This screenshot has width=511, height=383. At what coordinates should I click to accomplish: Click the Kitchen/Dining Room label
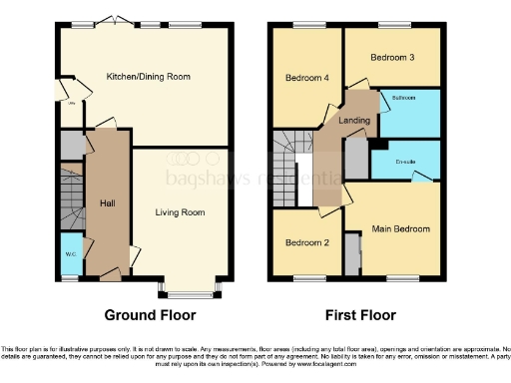(x=149, y=76)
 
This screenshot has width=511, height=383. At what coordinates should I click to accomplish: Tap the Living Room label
(x=180, y=211)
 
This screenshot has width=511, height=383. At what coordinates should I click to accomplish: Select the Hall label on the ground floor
(x=107, y=202)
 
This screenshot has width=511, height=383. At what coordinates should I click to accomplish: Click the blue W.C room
(x=71, y=255)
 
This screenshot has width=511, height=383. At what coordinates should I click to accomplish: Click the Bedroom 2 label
(x=307, y=242)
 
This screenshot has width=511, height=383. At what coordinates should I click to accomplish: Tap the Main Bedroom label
(x=401, y=228)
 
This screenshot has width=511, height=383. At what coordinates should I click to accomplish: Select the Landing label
(x=354, y=121)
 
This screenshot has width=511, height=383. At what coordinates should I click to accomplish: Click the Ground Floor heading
(x=149, y=314)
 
